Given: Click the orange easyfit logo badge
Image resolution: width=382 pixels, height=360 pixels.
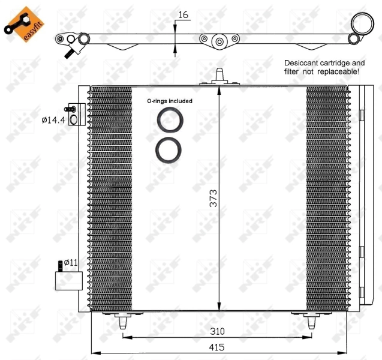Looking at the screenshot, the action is pos(25,25).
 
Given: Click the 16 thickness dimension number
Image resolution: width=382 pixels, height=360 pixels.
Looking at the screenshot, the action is pos(184,15).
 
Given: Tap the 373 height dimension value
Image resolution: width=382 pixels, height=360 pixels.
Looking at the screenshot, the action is pos(213,199).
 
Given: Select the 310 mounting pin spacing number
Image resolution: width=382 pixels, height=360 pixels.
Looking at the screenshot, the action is pos(217,331).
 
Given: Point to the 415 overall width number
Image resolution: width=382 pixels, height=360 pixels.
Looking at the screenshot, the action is pos(216,347).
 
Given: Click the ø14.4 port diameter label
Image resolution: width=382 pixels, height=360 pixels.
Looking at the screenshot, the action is pos(53,120).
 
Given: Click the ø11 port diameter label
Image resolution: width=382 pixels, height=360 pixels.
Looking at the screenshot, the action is pos(71,263).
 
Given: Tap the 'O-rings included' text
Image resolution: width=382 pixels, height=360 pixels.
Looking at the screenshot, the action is pos(170,101).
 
